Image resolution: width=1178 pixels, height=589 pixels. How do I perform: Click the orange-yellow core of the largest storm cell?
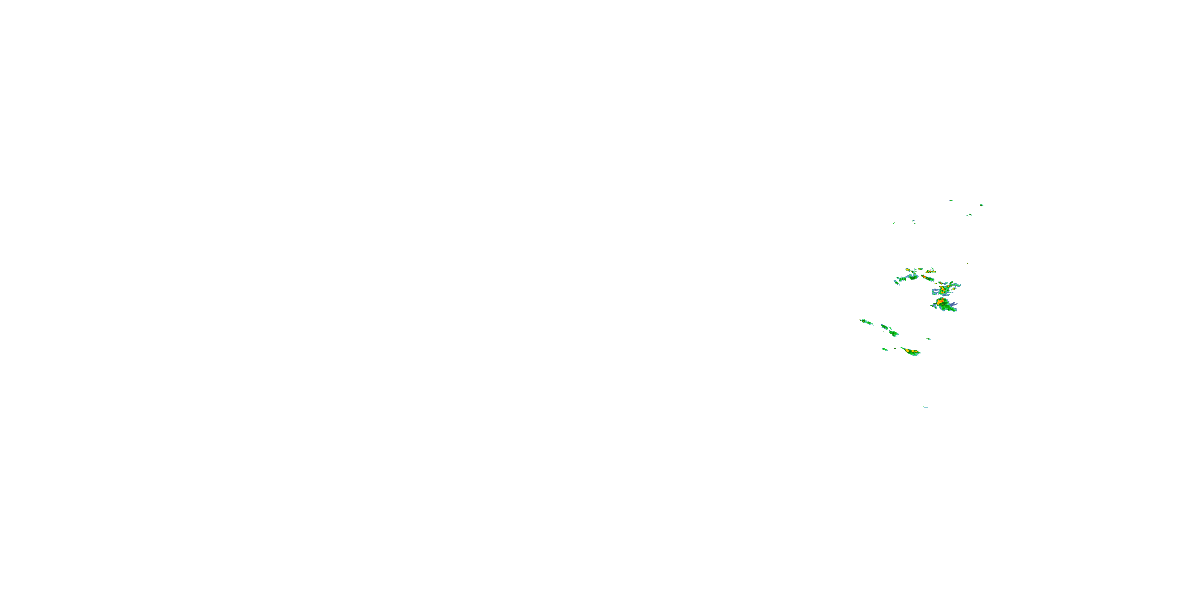940,302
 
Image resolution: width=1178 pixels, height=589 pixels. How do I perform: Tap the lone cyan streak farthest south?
926,407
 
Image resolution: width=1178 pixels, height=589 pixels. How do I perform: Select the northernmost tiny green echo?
950,200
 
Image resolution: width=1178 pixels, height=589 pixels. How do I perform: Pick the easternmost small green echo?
981,205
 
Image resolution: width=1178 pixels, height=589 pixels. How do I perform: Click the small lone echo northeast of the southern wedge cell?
928,339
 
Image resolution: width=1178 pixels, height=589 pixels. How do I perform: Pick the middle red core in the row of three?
930,272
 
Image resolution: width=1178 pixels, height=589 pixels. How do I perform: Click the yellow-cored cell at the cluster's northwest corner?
908,270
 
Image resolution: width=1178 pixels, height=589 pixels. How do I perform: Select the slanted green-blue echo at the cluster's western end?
896,282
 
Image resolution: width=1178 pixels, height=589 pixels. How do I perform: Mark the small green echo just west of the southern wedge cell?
885,349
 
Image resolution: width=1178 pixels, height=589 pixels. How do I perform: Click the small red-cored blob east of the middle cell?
953,289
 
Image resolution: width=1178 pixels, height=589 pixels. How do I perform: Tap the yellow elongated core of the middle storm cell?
943,289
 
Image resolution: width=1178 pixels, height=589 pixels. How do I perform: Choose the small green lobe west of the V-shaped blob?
902,279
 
